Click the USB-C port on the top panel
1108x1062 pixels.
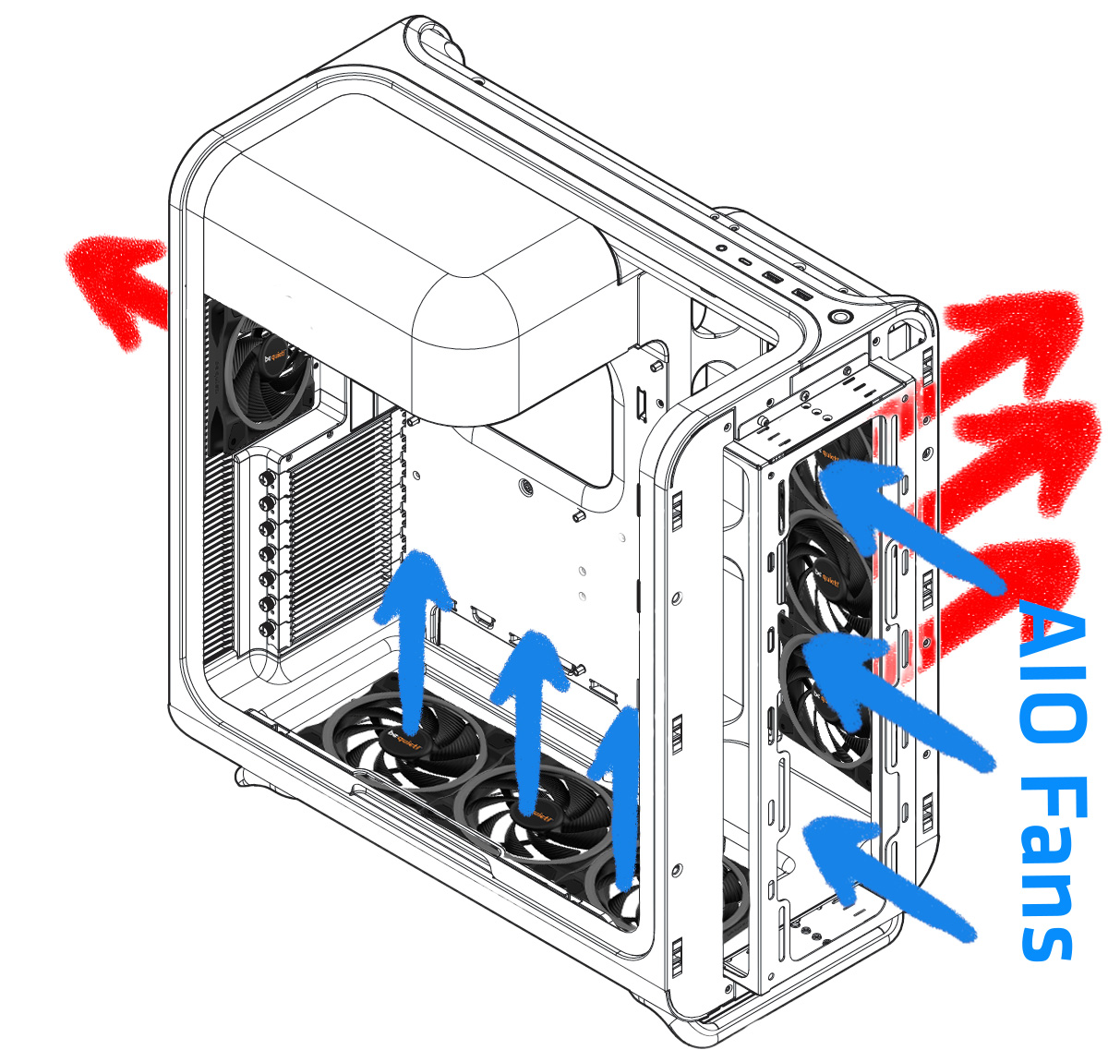pos(745,261)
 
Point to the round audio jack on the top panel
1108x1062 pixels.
pos(722,248)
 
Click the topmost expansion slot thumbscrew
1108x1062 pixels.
pos(266,477)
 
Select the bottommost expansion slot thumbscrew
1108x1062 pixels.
pos(266,628)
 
